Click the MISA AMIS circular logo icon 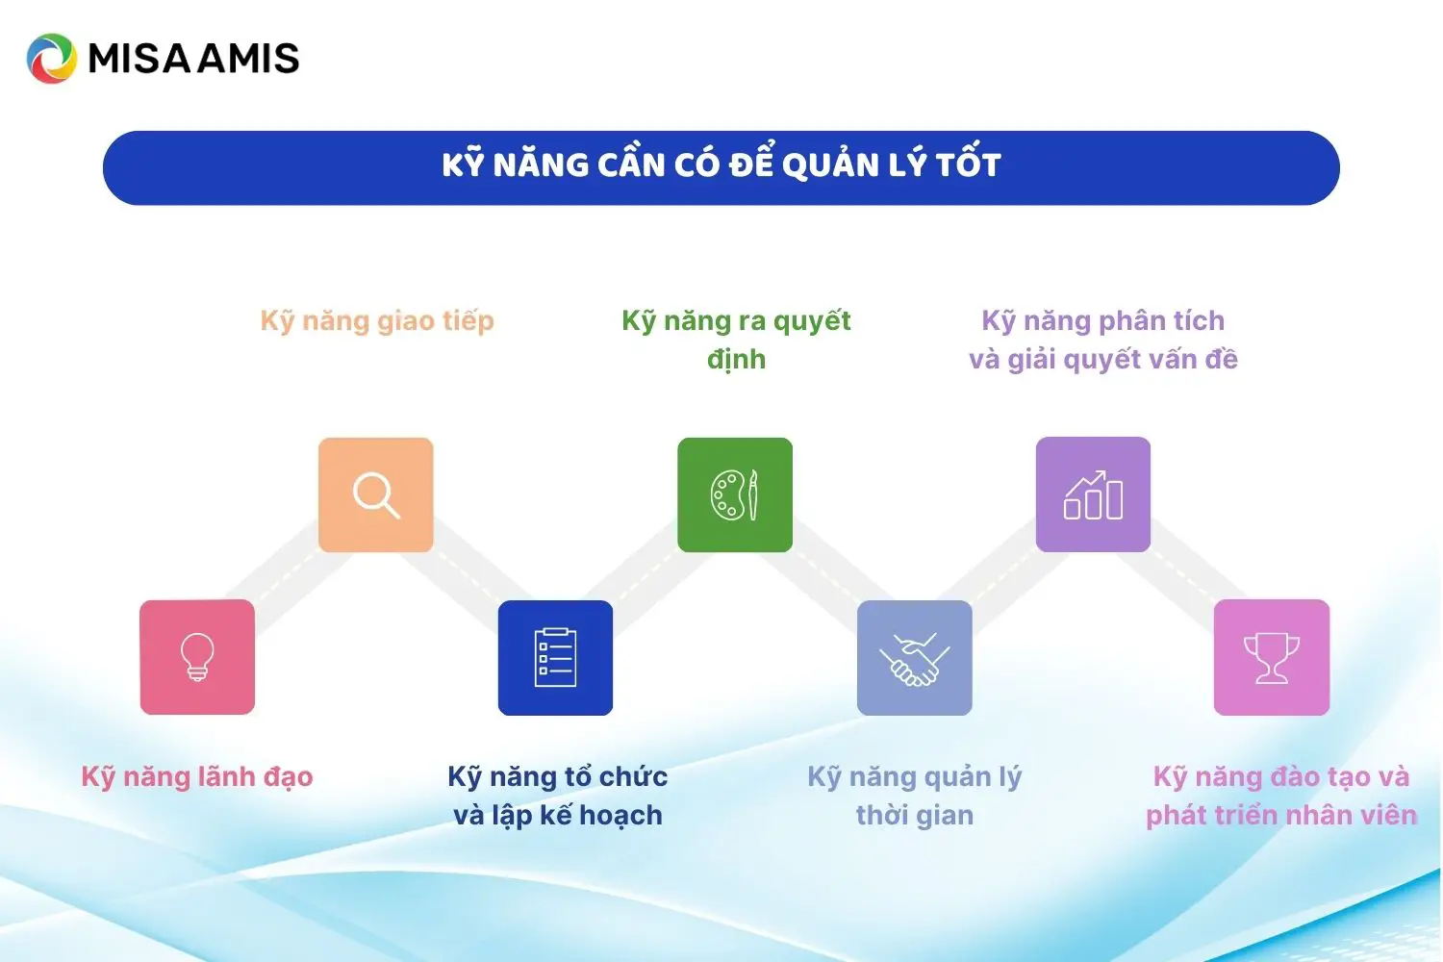[x=52, y=59]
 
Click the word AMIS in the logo [x=248, y=58]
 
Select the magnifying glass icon [x=376, y=495]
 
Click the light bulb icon [x=197, y=657]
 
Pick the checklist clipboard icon [x=555, y=657]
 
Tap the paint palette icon [x=734, y=494]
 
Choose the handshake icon [x=914, y=659]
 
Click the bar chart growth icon [x=1093, y=494]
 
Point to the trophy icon [x=1272, y=658]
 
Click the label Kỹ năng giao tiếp [x=377, y=321]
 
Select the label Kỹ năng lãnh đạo [x=197, y=777]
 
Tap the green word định [x=736, y=359]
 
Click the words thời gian [x=915, y=815]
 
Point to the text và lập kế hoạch [x=557, y=816]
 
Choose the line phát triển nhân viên [x=1281, y=816]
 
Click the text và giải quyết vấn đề [x=1102, y=360]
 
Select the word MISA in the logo [x=139, y=58]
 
